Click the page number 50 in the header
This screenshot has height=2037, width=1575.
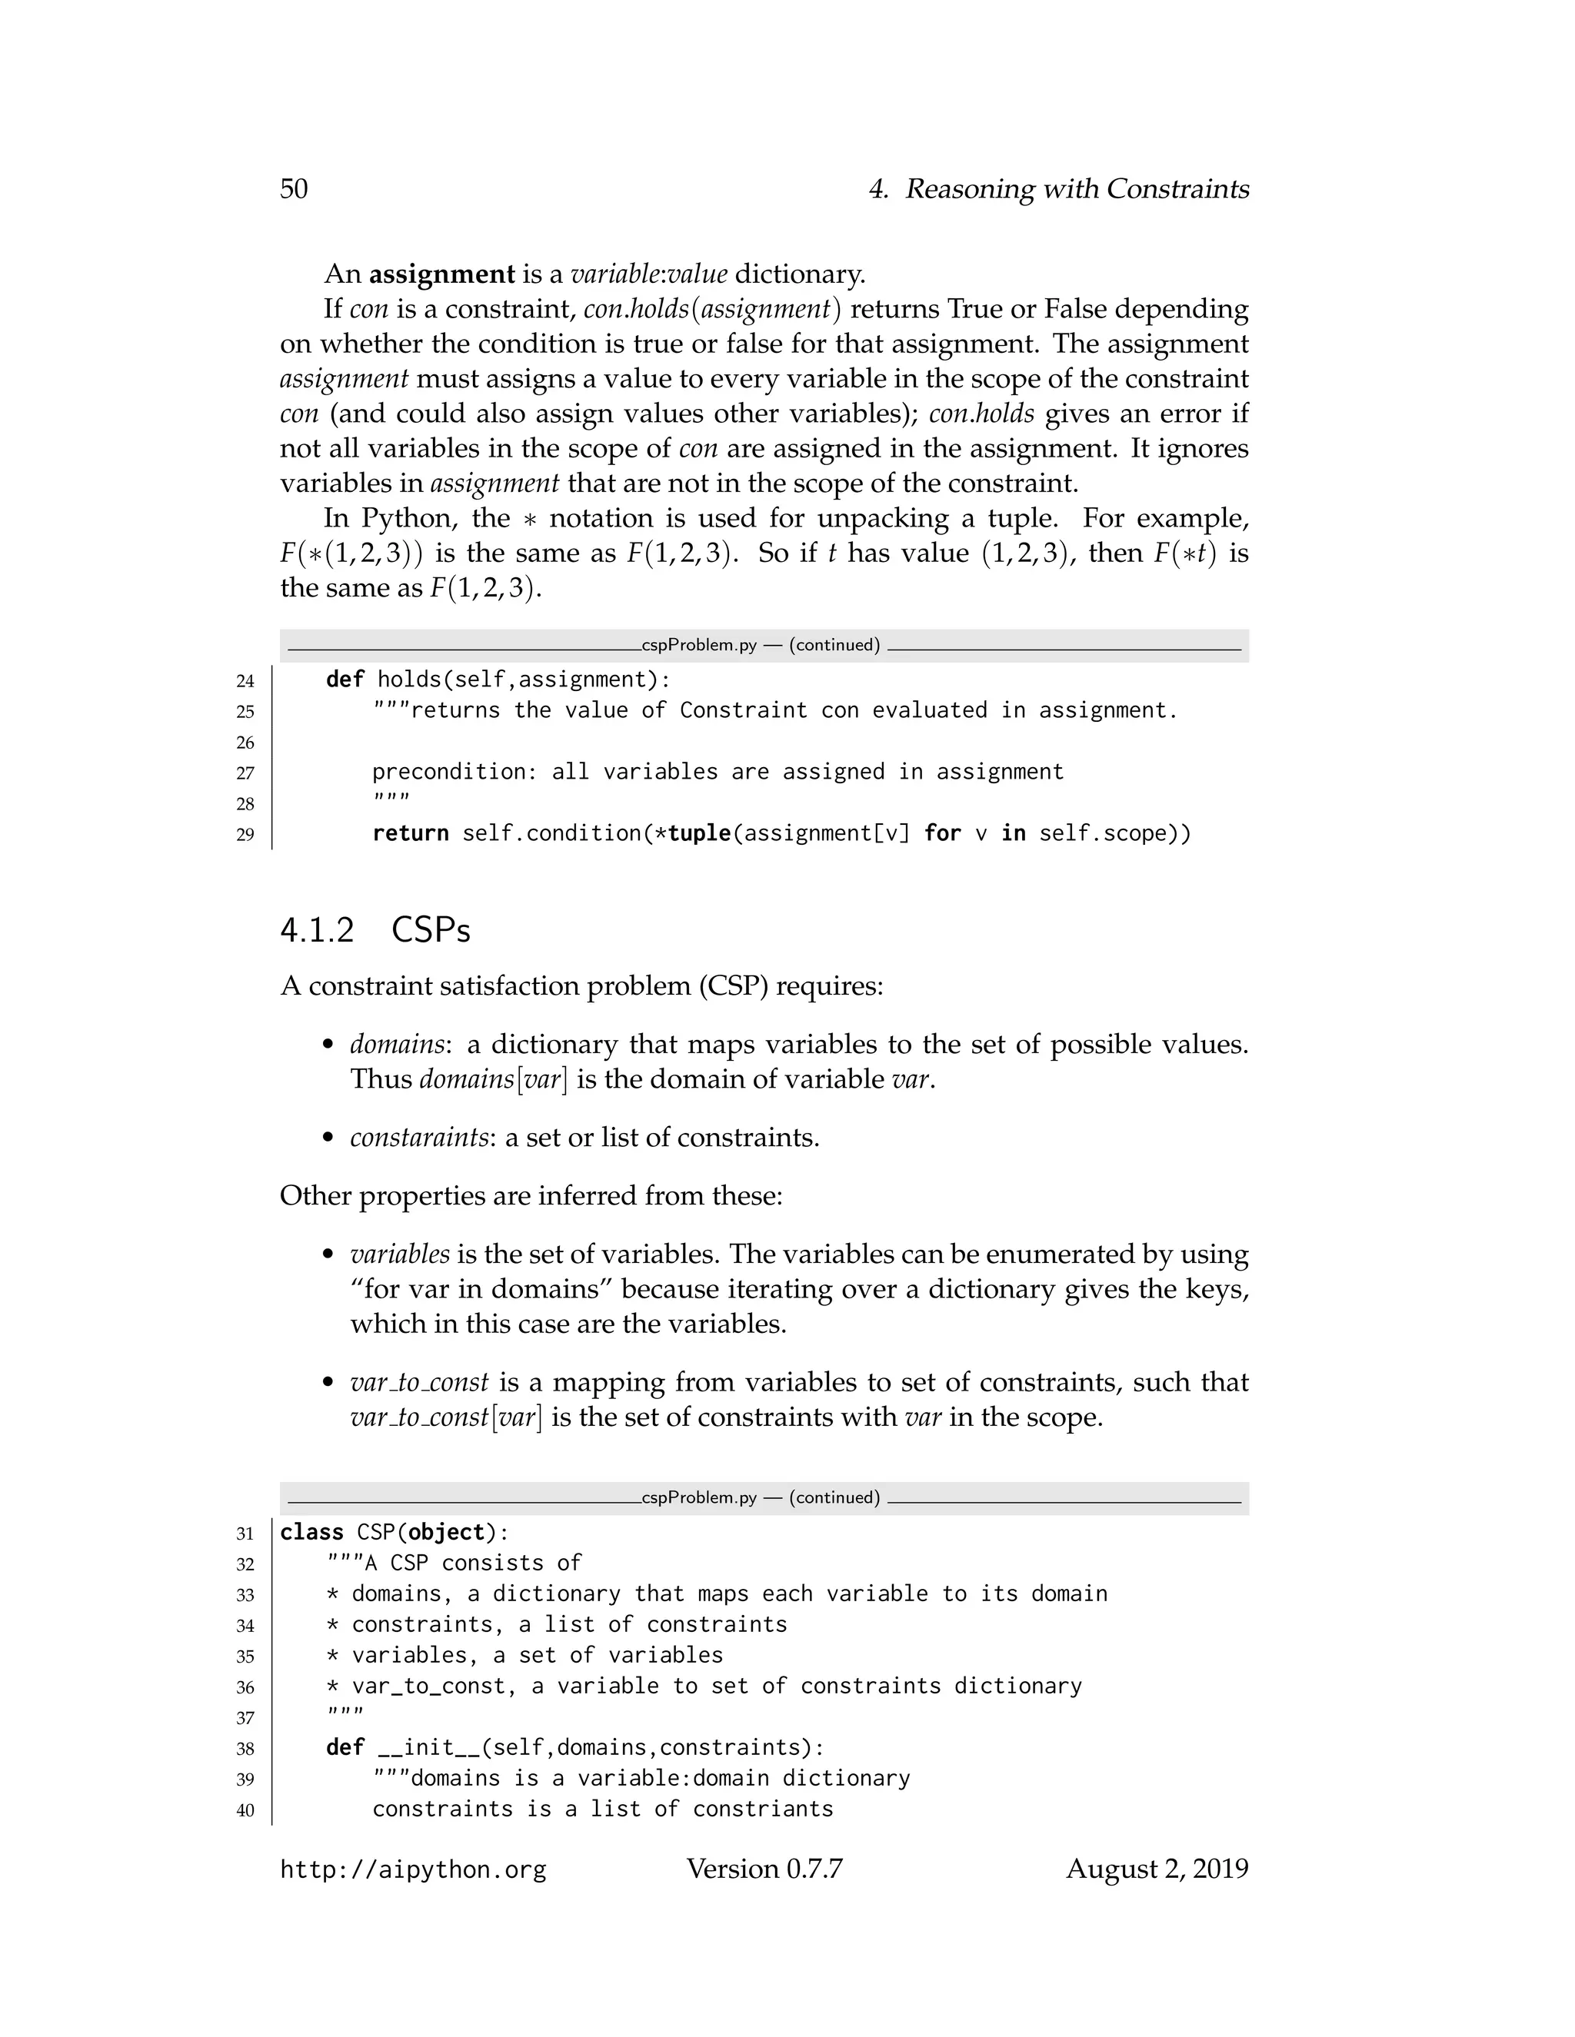click(x=293, y=189)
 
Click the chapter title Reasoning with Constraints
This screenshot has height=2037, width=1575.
click(x=1077, y=189)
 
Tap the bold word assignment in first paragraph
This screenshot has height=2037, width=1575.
click(x=441, y=274)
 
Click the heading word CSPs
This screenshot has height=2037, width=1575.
click(x=431, y=931)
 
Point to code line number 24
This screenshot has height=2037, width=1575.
click(x=245, y=681)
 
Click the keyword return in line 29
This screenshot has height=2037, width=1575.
click(x=411, y=833)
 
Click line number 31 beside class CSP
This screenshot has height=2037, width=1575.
click(x=245, y=1534)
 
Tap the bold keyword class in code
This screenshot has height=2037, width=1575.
click(x=311, y=1533)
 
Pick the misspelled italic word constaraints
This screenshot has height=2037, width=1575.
click(x=419, y=1138)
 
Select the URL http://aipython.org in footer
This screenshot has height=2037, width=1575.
click(x=412, y=1870)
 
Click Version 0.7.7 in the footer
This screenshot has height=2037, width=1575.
click(x=764, y=1869)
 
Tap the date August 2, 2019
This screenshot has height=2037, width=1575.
click(x=1157, y=1869)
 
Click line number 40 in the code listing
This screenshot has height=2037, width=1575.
click(x=245, y=1810)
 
